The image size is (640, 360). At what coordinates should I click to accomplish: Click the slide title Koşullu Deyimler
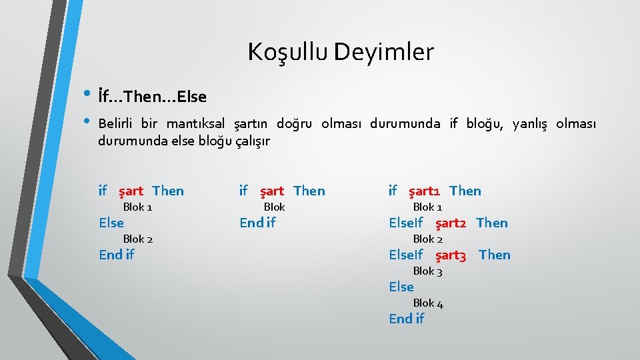click(341, 51)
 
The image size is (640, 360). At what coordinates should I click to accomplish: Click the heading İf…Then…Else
click(152, 97)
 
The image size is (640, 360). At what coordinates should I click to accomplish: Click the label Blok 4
click(428, 303)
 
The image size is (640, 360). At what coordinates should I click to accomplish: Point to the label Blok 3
click(428, 271)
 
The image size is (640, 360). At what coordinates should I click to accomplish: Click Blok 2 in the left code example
click(138, 239)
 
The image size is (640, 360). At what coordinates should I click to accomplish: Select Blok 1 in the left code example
click(138, 207)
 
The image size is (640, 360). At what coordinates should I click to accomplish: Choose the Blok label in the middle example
click(274, 207)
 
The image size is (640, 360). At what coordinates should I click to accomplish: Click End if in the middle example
click(257, 223)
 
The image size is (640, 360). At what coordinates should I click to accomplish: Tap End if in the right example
click(406, 319)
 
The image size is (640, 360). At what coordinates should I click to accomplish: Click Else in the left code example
click(111, 223)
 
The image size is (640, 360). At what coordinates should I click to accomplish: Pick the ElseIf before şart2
click(406, 223)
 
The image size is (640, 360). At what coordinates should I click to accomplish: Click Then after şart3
click(495, 255)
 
